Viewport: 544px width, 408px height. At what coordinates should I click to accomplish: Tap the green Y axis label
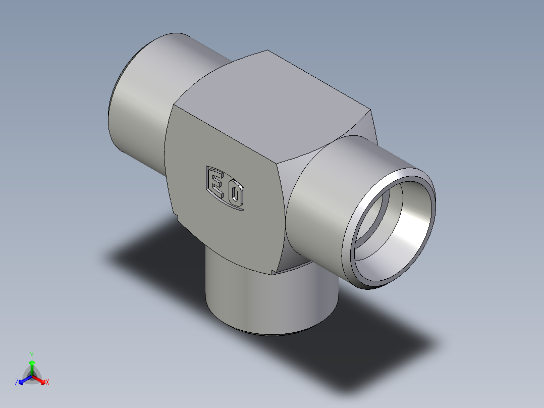32,355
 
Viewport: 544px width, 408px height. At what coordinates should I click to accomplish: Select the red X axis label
47,382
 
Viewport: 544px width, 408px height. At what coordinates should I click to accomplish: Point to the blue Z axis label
17,382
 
